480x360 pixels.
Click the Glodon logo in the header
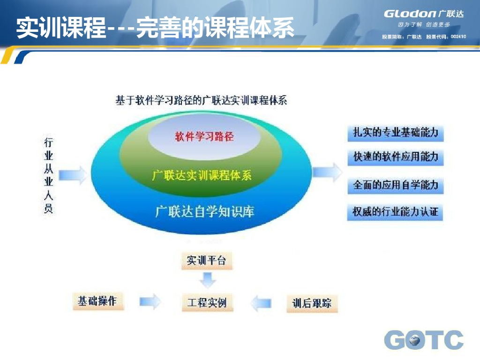point(423,14)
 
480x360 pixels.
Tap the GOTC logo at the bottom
point(424,340)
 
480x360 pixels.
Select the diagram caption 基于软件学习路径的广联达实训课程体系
point(201,100)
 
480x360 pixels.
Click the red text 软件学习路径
point(204,137)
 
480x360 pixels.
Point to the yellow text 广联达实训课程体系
point(202,175)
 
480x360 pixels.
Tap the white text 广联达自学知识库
point(205,211)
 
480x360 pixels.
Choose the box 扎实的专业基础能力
point(396,133)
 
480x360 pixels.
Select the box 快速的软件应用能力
point(396,157)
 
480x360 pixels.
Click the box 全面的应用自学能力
point(396,185)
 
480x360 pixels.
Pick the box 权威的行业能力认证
point(396,212)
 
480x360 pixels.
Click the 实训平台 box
point(206,260)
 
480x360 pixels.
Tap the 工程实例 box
point(207,302)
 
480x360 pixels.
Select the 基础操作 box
point(97,301)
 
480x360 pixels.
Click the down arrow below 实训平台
point(207,280)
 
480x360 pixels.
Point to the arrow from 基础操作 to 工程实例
point(150,302)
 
